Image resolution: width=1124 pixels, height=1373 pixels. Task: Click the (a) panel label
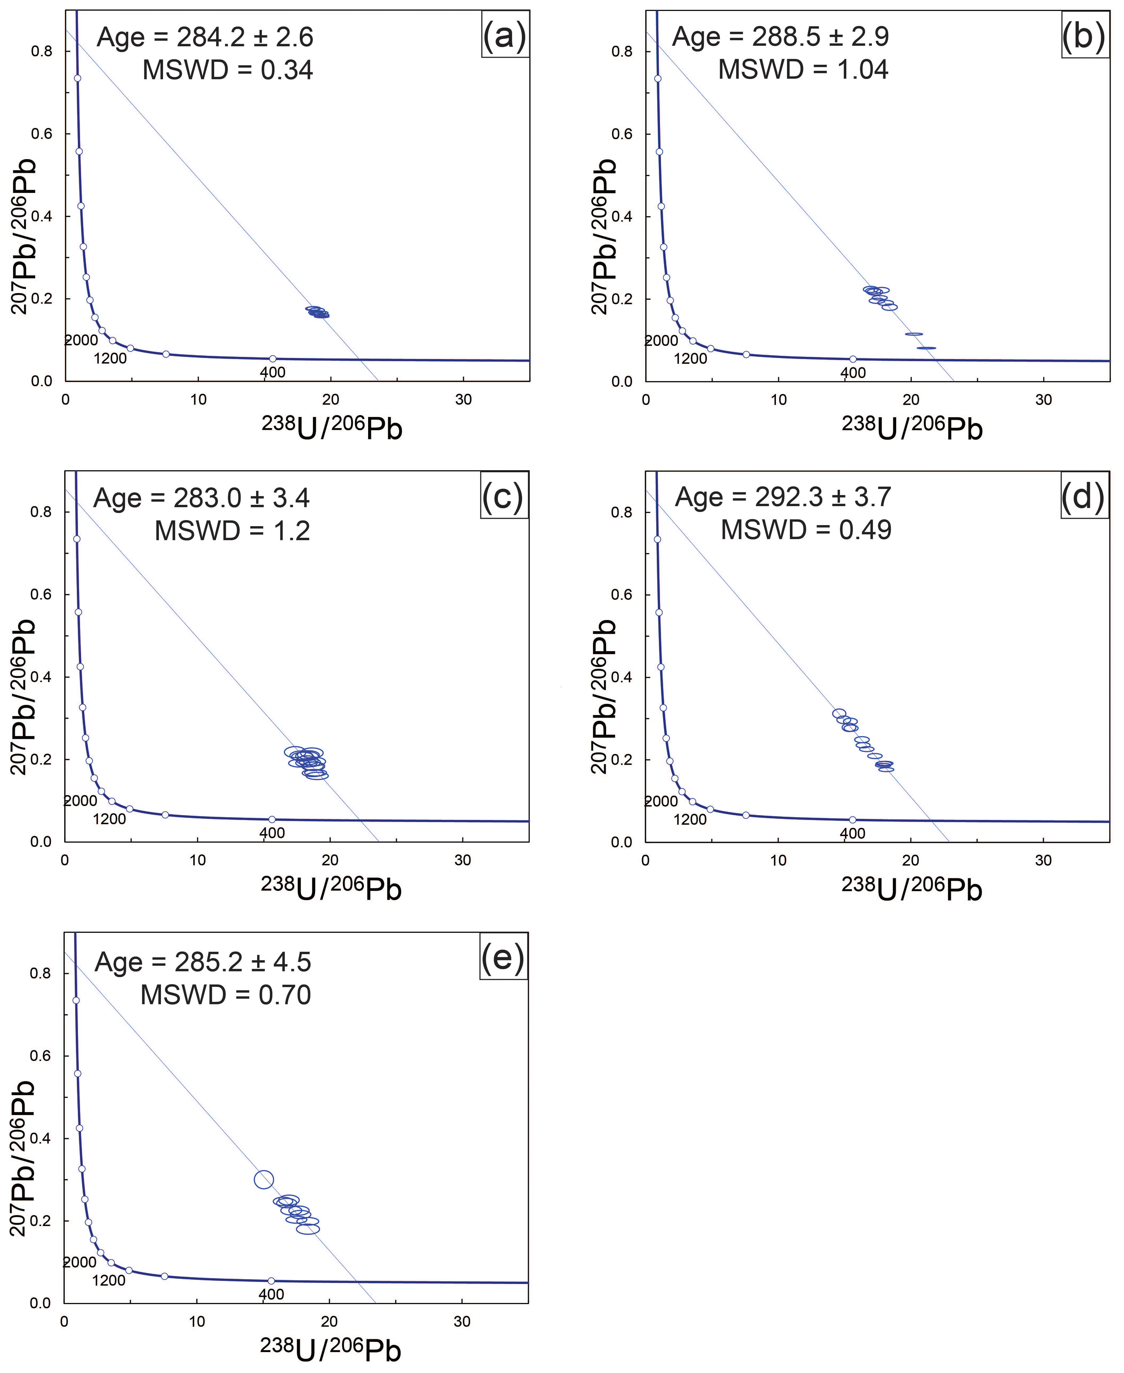(504, 36)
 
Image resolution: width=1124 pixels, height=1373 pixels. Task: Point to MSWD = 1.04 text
(803, 69)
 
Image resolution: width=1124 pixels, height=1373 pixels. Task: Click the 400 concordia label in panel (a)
(273, 372)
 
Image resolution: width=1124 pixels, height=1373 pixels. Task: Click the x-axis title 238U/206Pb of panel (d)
(912, 889)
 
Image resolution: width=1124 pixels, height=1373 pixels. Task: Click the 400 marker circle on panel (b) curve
(853, 359)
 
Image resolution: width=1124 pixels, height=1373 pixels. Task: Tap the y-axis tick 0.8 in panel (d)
(621, 512)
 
